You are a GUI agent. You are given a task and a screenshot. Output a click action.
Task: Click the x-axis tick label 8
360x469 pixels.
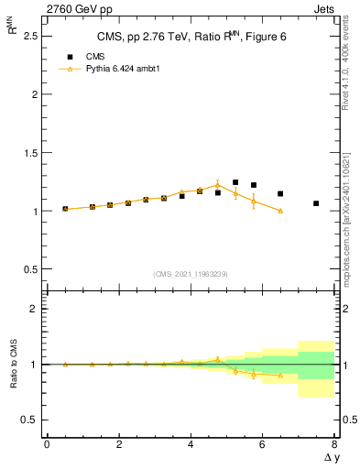(334, 444)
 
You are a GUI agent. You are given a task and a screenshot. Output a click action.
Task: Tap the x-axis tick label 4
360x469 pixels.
(191, 444)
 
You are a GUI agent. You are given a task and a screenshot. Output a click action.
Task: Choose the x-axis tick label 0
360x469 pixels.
(47, 444)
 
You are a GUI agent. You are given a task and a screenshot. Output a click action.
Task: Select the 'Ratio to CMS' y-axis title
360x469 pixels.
(13, 365)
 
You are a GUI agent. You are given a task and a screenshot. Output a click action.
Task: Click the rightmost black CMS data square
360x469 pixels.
(316, 203)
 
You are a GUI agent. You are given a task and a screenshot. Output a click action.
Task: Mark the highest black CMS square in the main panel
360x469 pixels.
(235, 182)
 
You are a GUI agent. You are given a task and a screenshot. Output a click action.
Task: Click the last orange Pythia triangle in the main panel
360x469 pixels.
(280, 211)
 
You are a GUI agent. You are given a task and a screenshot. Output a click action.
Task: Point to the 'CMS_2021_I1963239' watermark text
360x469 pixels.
(190, 274)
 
